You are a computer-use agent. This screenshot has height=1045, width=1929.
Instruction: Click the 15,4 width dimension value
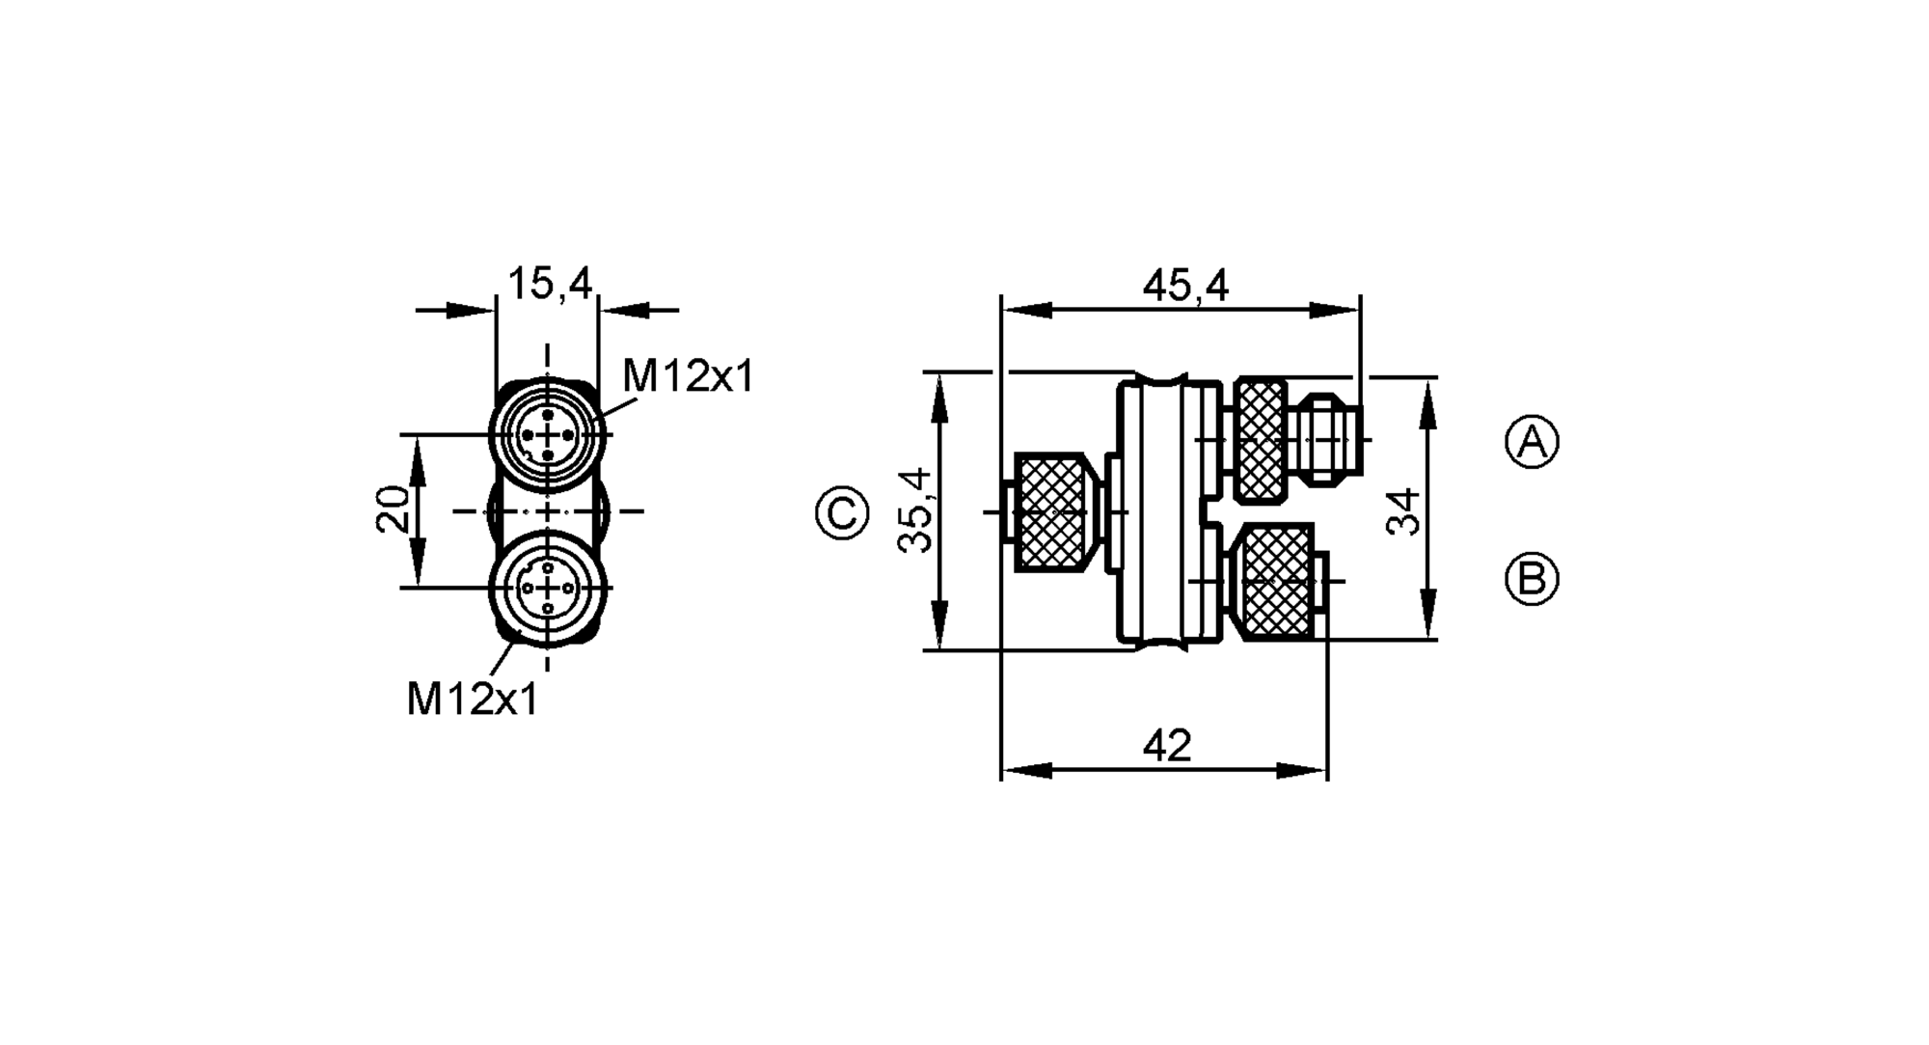point(549,284)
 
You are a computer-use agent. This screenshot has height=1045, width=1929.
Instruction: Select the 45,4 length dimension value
point(1185,286)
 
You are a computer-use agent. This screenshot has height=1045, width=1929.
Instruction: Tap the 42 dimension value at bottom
point(1167,746)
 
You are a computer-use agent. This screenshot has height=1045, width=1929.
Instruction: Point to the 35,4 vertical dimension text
point(915,510)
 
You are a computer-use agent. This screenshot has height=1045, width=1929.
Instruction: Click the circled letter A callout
point(1532,443)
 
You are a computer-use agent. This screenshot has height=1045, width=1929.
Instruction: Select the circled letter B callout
point(1532,579)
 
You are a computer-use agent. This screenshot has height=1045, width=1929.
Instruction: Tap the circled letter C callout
point(842,512)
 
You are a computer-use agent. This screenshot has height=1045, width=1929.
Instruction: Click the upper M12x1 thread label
point(688,376)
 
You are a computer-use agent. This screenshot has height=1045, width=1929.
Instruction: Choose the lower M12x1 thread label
point(473,699)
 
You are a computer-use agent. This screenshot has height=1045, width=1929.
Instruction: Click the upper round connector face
point(548,435)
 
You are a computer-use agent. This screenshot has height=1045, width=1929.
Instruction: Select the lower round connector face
point(548,588)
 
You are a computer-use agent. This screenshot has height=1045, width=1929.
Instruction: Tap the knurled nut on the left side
point(1052,512)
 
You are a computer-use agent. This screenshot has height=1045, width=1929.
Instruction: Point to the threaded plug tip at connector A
point(1330,440)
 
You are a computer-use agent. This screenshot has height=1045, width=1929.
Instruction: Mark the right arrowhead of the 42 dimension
point(1302,770)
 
